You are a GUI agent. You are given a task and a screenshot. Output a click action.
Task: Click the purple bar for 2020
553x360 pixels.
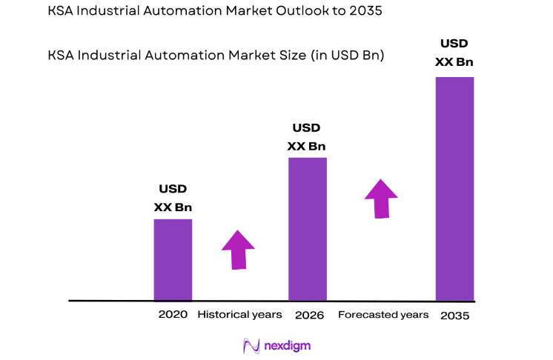click(x=173, y=259)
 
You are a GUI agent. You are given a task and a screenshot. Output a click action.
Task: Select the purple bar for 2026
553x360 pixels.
click(x=307, y=229)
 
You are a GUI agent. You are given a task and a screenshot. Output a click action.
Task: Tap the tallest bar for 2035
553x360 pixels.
click(x=454, y=189)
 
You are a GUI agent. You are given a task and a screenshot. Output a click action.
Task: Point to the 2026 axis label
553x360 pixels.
click(x=308, y=315)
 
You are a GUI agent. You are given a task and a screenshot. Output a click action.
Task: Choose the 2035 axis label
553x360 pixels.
click(x=454, y=315)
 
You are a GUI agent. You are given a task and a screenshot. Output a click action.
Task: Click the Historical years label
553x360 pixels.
click(x=239, y=315)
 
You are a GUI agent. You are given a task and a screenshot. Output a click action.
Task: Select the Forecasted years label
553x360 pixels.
click(x=383, y=315)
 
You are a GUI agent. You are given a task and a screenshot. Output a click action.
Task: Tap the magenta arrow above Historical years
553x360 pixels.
click(x=238, y=250)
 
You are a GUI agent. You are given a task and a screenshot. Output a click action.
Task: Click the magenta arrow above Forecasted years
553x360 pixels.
click(x=381, y=198)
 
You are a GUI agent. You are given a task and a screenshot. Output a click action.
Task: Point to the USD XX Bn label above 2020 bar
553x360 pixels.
click(x=173, y=198)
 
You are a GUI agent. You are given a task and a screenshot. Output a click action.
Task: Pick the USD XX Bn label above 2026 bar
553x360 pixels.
click(x=306, y=137)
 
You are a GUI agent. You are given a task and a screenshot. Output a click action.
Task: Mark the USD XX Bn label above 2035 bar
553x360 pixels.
click(x=454, y=53)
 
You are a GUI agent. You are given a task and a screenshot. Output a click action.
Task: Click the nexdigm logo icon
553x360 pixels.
click(x=250, y=345)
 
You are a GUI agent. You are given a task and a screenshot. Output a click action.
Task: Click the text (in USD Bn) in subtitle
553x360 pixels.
click(x=345, y=56)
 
